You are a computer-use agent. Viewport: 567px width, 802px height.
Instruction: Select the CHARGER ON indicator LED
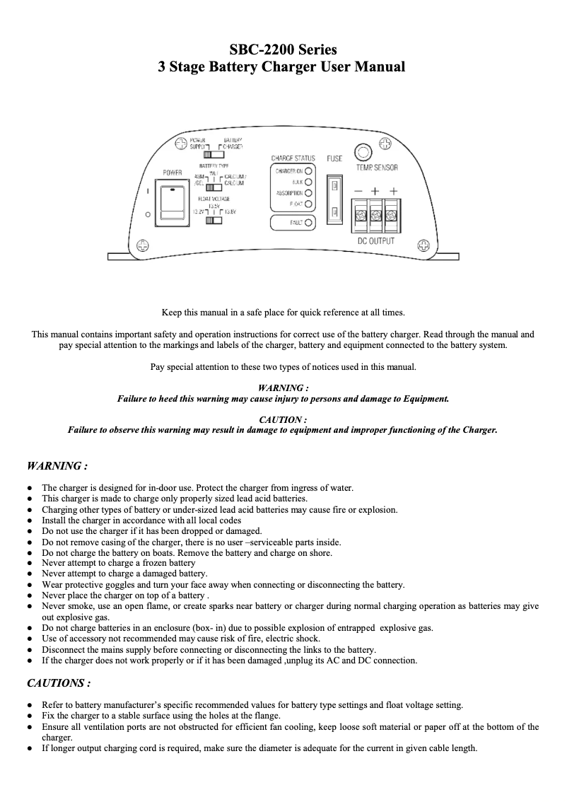click(x=308, y=171)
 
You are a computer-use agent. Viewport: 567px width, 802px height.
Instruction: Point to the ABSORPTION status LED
click(x=308, y=193)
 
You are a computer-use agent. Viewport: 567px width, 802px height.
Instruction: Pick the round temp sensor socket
click(x=363, y=152)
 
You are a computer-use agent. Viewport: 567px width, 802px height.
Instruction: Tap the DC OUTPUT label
click(x=375, y=241)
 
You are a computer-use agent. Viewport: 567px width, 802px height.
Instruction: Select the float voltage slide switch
click(x=213, y=221)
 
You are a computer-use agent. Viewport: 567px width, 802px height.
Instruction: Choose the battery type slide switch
click(x=213, y=187)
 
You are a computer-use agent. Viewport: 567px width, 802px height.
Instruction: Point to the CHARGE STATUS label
click(x=293, y=158)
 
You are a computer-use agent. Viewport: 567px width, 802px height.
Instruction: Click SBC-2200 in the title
click(x=262, y=50)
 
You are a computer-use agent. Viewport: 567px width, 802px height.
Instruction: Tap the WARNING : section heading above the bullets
click(x=57, y=466)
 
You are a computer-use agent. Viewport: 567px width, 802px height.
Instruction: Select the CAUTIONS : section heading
click(x=58, y=683)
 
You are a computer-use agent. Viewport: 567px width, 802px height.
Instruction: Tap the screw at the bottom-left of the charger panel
click(x=143, y=245)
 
